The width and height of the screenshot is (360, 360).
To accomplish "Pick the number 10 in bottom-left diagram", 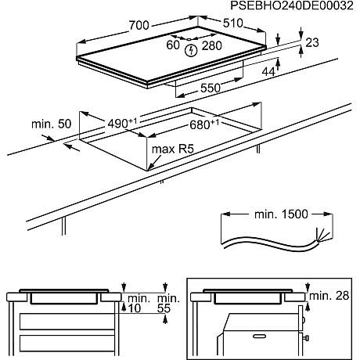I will tap(134, 310).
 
